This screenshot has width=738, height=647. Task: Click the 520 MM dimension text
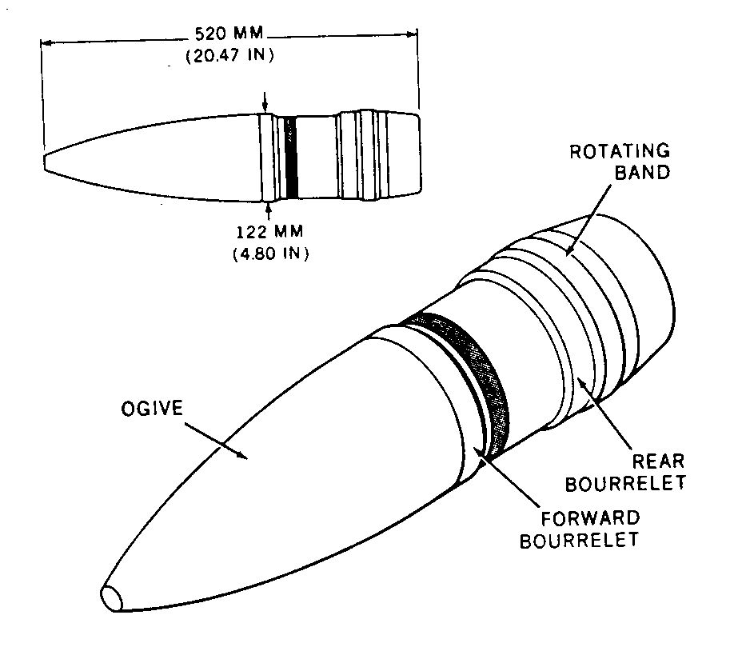[229, 34]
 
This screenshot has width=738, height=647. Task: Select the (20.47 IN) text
[229, 55]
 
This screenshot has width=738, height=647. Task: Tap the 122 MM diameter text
[269, 232]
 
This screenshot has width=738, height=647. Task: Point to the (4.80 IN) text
[270, 254]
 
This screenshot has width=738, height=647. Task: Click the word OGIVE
[152, 408]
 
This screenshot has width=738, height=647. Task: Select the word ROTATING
[620, 151]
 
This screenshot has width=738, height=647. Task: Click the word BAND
[642, 172]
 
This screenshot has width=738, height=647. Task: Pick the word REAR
[658, 461]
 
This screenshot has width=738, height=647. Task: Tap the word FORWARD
[590, 518]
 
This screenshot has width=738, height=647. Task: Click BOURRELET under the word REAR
[625, 484]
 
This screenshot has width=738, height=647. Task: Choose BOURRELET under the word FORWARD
[579, 540]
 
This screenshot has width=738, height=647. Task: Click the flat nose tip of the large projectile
[111, 599]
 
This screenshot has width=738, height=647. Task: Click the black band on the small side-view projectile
[291, 158]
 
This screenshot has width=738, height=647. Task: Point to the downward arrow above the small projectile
[265, 102]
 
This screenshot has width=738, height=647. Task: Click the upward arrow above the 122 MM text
[269, 212]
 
